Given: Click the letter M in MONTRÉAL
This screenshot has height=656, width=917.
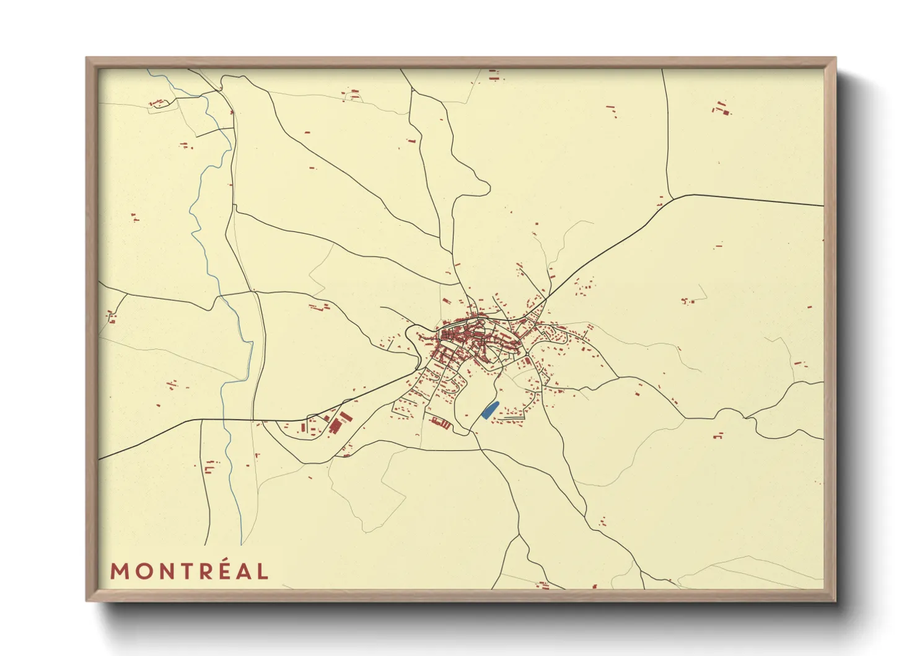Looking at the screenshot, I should coord(119,571).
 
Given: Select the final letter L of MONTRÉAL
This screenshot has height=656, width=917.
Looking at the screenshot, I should coord(263,571).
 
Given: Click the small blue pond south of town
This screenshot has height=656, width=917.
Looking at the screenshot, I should coord(489,410).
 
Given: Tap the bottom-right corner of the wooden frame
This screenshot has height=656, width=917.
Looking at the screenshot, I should coord(835,600).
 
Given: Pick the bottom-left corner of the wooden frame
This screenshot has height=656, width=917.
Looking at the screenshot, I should coord(87,600).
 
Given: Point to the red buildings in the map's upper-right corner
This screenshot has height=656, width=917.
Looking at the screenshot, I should coord(721,109).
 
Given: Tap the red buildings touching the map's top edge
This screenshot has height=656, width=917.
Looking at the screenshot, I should coord(494,76).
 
